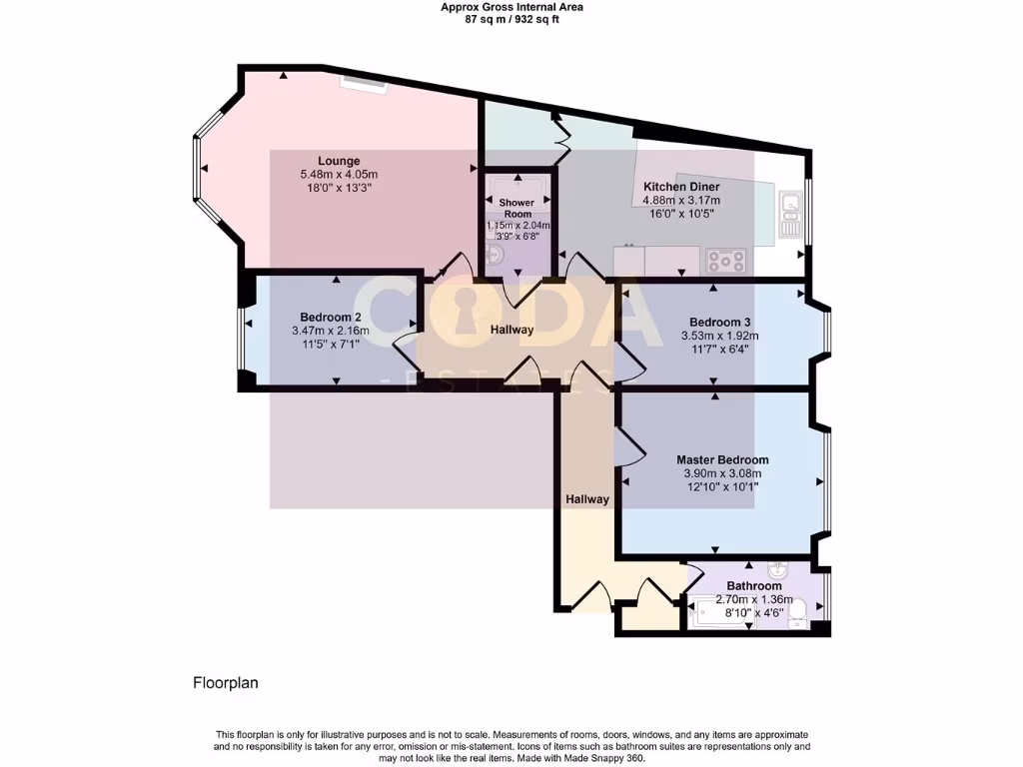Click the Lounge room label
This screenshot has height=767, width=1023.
pyautogui.click(x=339, y=161)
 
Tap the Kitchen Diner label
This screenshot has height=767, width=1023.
pyautogui.click(x=681, y=187)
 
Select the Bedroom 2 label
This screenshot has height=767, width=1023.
pyautogui.click(x=331, y=318)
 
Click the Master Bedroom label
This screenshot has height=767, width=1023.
pyautogui.click(x=721, y=460)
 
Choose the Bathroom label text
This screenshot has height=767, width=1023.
pyautogui.click(x=754, y=586)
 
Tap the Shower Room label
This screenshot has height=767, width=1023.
pyautogui.click(x=516, y=209)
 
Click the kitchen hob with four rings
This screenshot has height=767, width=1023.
pyautogui.click(x=726, y=261)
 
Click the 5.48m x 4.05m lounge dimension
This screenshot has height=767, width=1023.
pyautogui.click(x=339, y=175)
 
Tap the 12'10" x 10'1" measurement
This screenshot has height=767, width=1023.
pyautogui.click(x=721, y=487)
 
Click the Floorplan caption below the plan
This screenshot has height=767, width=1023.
pyautogui.click(x=226, y=684)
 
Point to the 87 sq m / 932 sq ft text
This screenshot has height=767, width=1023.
pyautogui.click(x=511, y=19)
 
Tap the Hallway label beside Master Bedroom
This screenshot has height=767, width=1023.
pyautogui.click(x=587, y=499)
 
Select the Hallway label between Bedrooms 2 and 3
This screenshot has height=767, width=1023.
pyautogui.click(x=511, y=330)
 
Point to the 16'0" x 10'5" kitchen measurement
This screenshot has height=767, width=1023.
pyautogui.click(x=681, y=214)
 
